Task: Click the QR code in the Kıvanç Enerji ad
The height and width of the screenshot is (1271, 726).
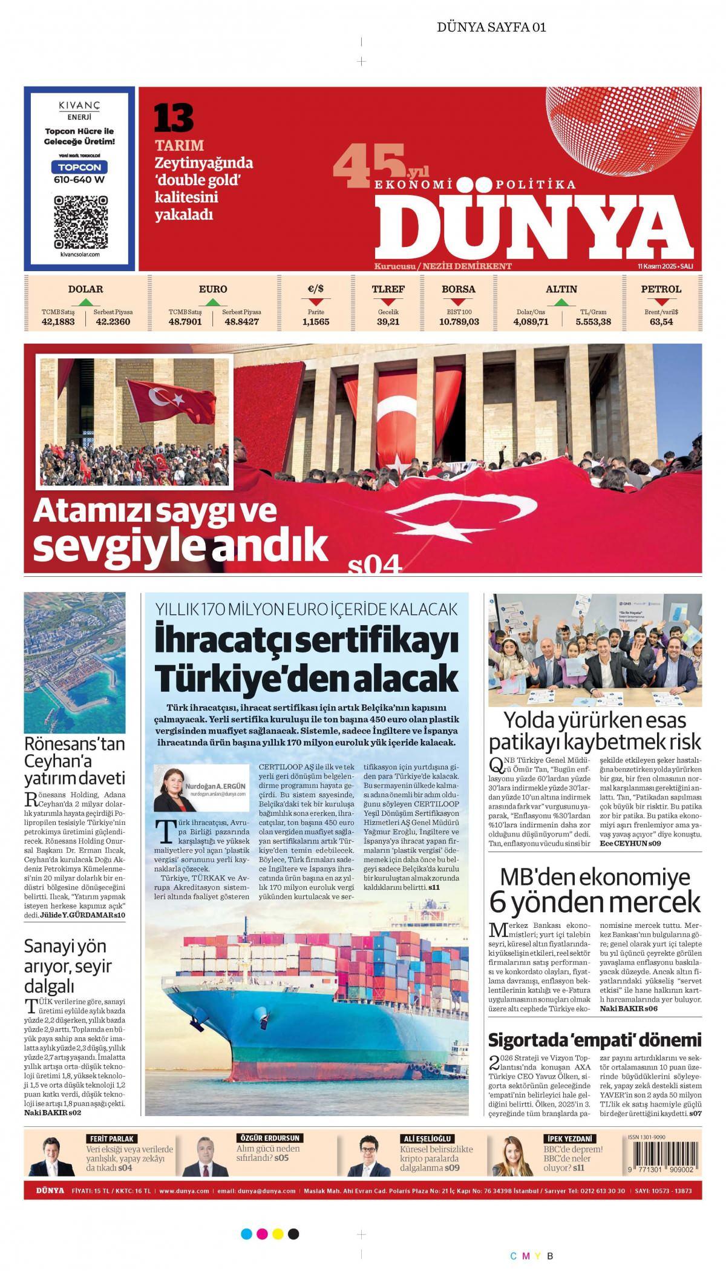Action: coord(80,222)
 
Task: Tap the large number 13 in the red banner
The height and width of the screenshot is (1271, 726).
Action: coord(173,118)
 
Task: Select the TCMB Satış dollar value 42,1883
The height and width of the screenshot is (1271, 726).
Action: coord(58,321)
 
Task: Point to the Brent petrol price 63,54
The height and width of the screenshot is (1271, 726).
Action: coord(661,321)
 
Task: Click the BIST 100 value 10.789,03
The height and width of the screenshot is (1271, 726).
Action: coord(459,321)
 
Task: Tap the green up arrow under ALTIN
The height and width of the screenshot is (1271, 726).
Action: coord(561,302)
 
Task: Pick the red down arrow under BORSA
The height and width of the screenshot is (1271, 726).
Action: coord(459,302)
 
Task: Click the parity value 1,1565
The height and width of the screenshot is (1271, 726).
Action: coord(316,321)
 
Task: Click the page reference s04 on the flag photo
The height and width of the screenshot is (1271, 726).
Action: coord(375,564)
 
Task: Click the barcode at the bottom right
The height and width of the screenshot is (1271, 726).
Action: coord(664,1152)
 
